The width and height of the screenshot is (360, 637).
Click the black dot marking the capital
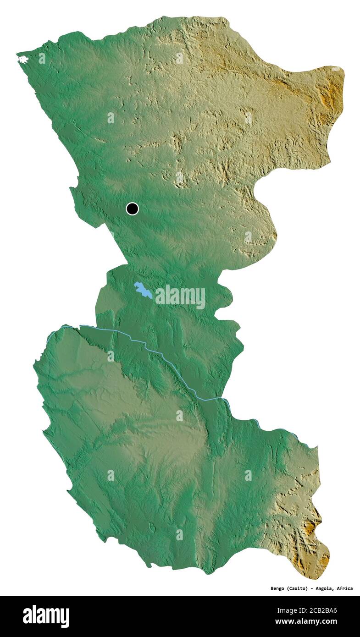tap(132, 209)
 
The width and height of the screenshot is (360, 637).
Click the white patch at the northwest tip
tap(23, 59)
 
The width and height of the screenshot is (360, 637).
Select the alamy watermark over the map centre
tap(180, 297)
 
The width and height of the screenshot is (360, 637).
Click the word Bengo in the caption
tap(277, 588)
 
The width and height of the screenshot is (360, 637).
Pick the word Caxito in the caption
tap(298, 588)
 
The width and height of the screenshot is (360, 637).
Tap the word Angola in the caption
tap(328, 588)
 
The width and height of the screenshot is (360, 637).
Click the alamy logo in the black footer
tap(46, 616)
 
